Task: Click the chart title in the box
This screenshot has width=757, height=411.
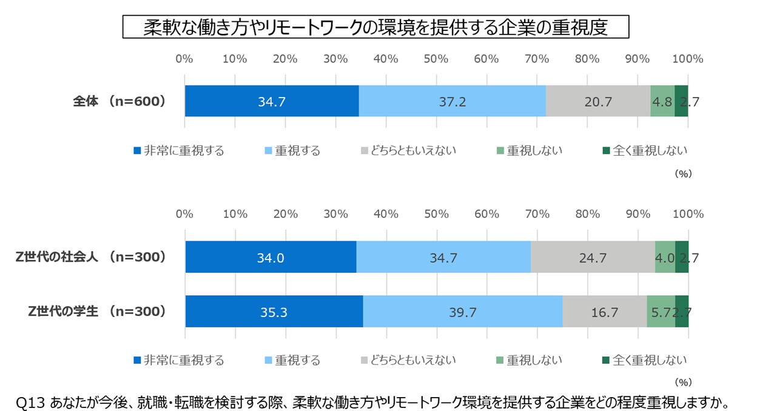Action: point(375,27)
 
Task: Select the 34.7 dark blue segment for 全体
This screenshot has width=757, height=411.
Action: point(272,101)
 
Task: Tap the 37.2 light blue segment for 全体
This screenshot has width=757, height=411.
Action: point(453,101)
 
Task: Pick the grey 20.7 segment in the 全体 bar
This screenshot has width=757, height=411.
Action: point(598,101)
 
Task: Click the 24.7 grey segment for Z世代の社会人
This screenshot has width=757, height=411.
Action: point(593,257)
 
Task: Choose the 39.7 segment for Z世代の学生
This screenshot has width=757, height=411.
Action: point(463,312)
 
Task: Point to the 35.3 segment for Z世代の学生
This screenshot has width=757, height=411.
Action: point(274,312)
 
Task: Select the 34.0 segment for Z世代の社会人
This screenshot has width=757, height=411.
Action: point(271,257)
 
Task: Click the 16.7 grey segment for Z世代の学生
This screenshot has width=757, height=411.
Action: point(604,312)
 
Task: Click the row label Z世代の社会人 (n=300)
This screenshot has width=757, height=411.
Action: point(91,257)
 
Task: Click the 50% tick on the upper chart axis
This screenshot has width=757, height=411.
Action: point(436,59)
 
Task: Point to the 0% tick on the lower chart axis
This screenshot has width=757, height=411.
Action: point(184,214)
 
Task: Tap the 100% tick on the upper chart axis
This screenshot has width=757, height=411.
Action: point(687,59)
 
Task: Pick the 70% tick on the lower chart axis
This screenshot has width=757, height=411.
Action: point(537,214)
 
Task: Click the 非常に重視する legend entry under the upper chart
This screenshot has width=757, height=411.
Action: point(178,151)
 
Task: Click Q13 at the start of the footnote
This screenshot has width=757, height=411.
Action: point(29,402)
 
